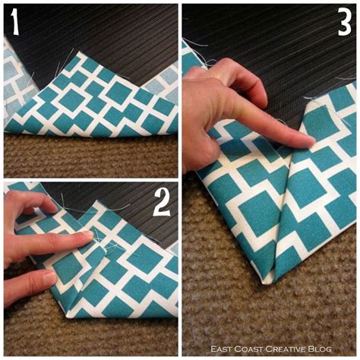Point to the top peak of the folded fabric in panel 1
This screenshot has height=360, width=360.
tap(81, 55)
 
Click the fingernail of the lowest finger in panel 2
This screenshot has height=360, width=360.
tap(49, 279)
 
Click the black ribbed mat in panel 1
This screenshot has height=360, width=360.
tap(114, 30)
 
